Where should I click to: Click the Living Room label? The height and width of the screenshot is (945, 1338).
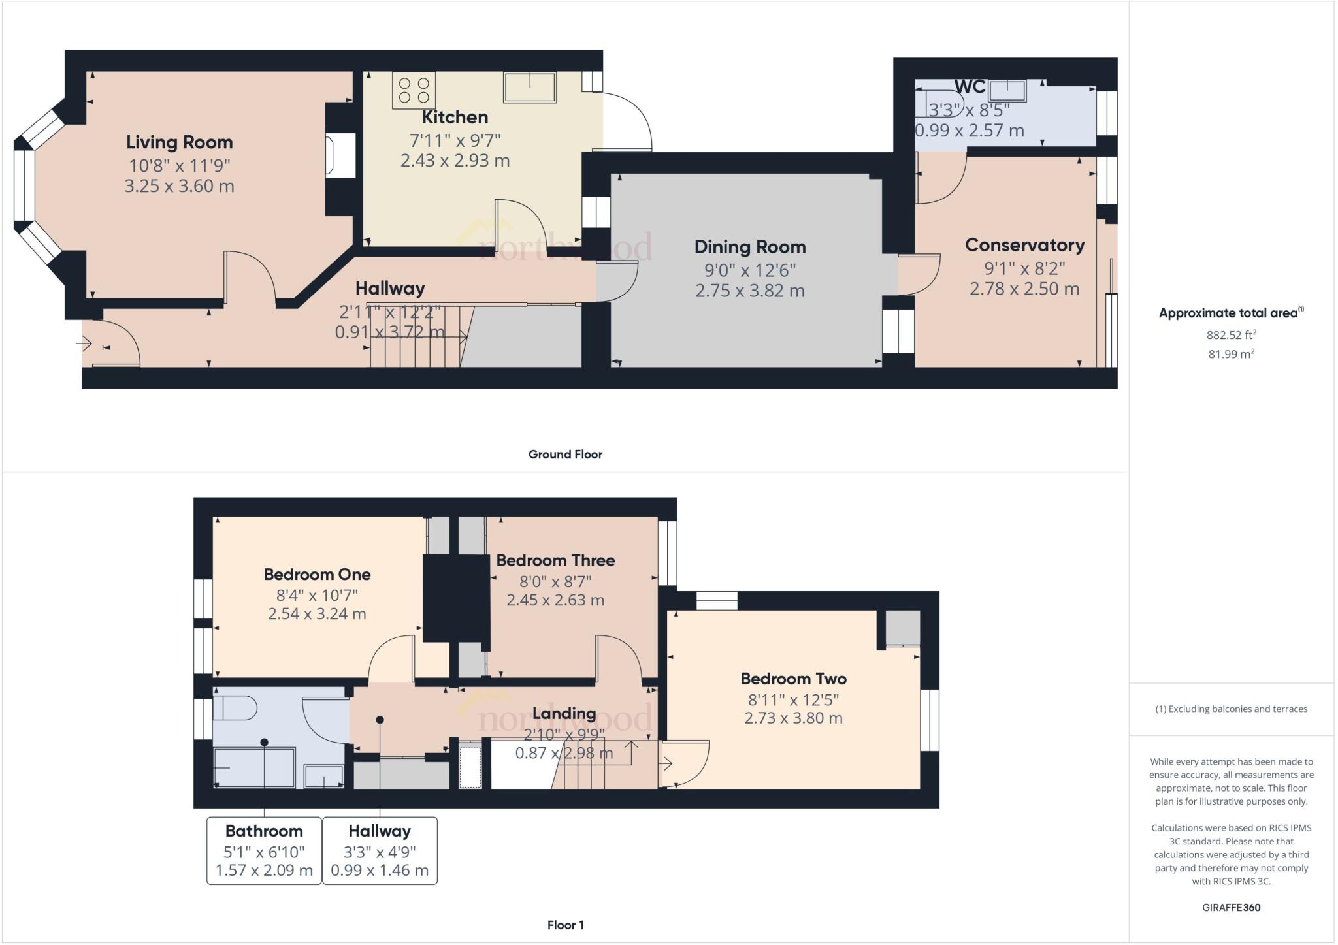coord(179,142)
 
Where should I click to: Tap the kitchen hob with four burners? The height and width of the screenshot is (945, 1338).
coord(414,90)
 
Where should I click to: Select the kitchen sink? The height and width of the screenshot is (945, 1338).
coord(530,88)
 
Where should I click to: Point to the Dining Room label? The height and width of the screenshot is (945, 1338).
coord(750,247)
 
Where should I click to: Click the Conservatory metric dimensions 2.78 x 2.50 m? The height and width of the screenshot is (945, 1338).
coord(1024,289)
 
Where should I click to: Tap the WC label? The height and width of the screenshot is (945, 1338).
coord(970,87)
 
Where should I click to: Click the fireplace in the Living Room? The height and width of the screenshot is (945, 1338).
coord(341,155)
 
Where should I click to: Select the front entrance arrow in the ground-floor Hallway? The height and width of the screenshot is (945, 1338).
coord(84,343)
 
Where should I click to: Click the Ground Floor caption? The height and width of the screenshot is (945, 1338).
coord(565,455)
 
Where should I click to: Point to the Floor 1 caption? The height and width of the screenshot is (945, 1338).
coord(566,925)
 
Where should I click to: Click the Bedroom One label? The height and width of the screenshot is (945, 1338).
coord(317,575)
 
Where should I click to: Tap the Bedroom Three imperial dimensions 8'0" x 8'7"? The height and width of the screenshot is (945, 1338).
coord(555,581)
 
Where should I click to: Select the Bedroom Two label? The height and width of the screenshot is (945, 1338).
coord(793,679)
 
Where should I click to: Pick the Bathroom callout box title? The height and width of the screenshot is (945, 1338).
coord(264,831)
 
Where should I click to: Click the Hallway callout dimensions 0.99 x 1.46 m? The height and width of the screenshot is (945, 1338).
coord(380,871)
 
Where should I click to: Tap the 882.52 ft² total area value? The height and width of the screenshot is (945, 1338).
coord(1232,335)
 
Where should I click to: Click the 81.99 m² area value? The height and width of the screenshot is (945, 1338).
coord(1232,354)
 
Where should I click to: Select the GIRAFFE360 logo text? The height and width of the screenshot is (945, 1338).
coord(1232,907)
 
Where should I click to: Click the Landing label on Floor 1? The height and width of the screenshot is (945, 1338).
coord(564,713)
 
